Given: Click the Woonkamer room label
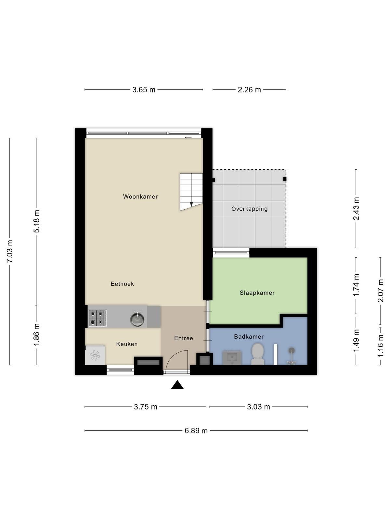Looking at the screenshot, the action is click(140, 196).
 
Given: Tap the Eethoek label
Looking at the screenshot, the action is click(122, 284).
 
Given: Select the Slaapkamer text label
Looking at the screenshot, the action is click(257, 292).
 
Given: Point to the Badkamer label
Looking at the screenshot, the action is click(249, 336).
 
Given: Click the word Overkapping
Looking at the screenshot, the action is click(249, 209).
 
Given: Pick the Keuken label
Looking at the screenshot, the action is click(127, 344).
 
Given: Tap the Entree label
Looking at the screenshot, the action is click(184, 338).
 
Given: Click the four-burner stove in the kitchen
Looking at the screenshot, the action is click(97, 318).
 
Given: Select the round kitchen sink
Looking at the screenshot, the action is click(137, 319).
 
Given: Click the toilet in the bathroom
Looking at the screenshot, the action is click(258, 354).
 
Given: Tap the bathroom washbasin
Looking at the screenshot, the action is click(232, 357).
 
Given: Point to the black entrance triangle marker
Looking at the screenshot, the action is click(177, 385).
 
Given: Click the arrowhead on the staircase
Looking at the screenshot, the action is click(191, 204).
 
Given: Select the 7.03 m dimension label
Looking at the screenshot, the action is click(10, 251).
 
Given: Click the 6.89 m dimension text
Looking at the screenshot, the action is click(196, 430).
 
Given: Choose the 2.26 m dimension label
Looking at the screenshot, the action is click(249, 90).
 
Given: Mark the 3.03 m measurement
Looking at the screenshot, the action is click(258, 407).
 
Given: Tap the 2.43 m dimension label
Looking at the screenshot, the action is click(356, 209).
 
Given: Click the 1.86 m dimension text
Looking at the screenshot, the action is click(36, 334).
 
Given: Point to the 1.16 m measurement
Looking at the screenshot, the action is click(381, 346).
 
